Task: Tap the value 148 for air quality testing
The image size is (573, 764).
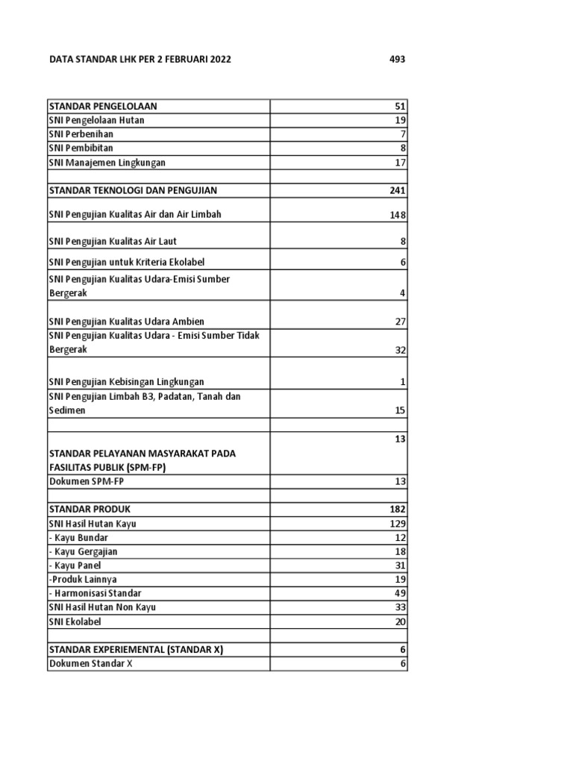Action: pyautogui.click(x=396, y=215)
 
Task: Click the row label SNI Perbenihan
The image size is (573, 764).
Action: pyautogui.click(x=81, y=134)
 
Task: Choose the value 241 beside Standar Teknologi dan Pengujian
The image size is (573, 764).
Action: pyautogui.click(x=397, y=190)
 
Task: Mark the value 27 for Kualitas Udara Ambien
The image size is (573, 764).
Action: pyautogui.click(x=399, y=322)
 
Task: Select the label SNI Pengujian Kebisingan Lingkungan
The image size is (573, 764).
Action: pyautogui.click(x=125, y=382)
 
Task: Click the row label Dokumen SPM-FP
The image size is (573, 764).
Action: pyautogui.click(x=85, y=481)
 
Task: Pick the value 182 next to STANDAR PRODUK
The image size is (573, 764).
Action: pyautogui.click(x=397, y=509)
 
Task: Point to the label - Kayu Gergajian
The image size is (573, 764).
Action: pyautogui.click(x=83, y=551)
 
